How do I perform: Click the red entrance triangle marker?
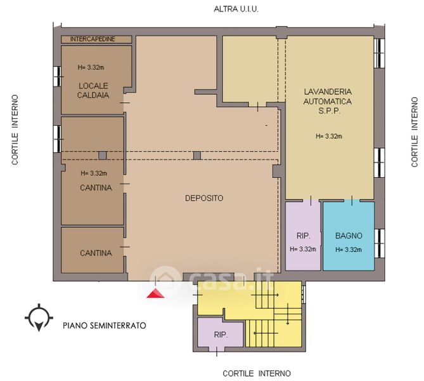[155, 293]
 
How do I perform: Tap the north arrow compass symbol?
[39, 317]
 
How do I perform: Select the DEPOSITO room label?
[204, 198]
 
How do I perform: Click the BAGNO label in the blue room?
[349, 236]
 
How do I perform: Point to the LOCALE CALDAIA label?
[93, 91]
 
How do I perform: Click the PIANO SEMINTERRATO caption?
[105, 325]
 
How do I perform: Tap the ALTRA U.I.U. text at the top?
[236, 10]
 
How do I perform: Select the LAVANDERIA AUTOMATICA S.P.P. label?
[328, 102]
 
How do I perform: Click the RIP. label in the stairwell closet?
[221, 335]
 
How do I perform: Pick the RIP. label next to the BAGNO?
[303, 236]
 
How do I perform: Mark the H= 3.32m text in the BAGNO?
[349, 250]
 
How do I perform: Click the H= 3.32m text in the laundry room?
[329, 137]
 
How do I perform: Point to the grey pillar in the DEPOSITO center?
[197, 156]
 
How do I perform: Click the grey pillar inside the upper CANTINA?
[103, 156]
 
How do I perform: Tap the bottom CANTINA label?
[96, 253]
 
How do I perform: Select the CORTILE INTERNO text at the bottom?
[257, 373]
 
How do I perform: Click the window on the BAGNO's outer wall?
[380, 243]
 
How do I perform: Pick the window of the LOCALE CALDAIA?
[57, 76]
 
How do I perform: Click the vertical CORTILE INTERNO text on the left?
[15, 130]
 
